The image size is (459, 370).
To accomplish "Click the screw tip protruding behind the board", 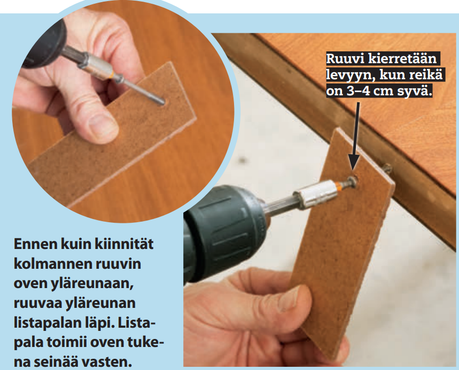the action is coord(387,168).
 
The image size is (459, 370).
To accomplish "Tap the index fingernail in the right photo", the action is coord(289,298).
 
